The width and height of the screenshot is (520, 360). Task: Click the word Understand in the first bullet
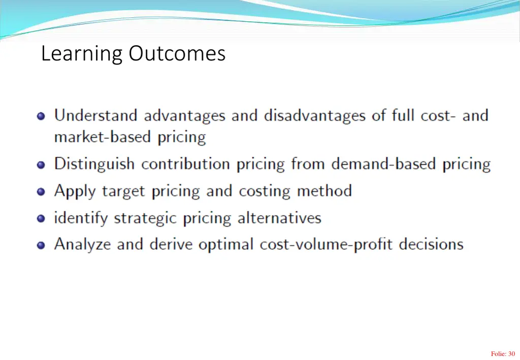[x=95, y=116]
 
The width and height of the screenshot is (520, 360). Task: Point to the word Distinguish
[x=94, y=164]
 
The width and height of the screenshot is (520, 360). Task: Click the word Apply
[x=75, y=191]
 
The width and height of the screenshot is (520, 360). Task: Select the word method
[x=324, y=191]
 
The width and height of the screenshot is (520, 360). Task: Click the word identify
[x=81, y=218]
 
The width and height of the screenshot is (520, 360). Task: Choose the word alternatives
[x=279, y=218]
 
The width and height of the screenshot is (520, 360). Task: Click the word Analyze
[x=83, y=244]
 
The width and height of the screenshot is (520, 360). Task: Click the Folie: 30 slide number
[x=503, y=354]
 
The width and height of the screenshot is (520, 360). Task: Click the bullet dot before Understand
[x=41, y=116]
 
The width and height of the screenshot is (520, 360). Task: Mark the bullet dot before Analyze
[x=41, y=245]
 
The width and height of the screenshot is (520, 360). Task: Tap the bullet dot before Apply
[x=41, y=192]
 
